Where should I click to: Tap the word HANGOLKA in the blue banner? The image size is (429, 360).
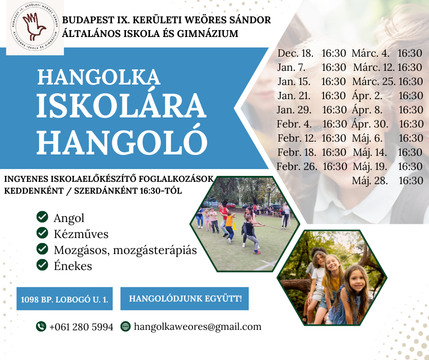[x=99, y=77]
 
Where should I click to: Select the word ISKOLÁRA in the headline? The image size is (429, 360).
[x=121, y=106]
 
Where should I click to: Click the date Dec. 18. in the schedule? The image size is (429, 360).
[x=295, y=53]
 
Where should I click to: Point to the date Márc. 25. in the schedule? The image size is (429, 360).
[x=374, y=82]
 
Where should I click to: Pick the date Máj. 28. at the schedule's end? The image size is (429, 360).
[x=370, y=181]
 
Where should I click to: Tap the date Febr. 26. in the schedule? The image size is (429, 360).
[x=297, y=167]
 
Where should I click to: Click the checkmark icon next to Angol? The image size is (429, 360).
[x=42, y=217]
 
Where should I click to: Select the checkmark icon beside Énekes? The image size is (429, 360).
[x=42, y=265]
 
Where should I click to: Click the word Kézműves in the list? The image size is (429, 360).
[x=81, y=234]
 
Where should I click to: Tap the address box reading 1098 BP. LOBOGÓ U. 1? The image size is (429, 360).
[x=64, y=299]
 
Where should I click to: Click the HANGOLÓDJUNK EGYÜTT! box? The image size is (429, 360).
[x=185, y=299]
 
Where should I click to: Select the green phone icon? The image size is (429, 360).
[x=41, y=326]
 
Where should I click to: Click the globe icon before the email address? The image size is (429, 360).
[x=126, y=326]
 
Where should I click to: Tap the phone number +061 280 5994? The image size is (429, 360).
[x=81, y=327]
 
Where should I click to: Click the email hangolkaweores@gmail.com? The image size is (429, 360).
[x=198, y=327]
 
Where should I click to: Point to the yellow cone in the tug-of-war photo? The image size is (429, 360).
[x=235, y=226]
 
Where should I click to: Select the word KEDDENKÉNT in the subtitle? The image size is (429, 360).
[x=34, y=191]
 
